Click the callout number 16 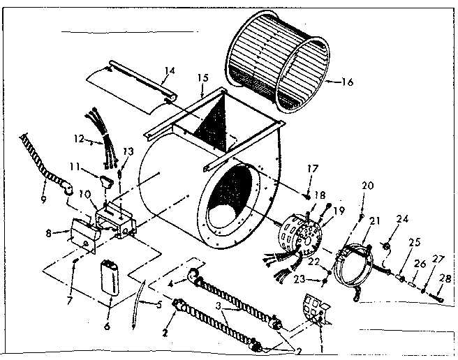[347, 82]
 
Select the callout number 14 [168, 70]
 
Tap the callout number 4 [170, 283]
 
